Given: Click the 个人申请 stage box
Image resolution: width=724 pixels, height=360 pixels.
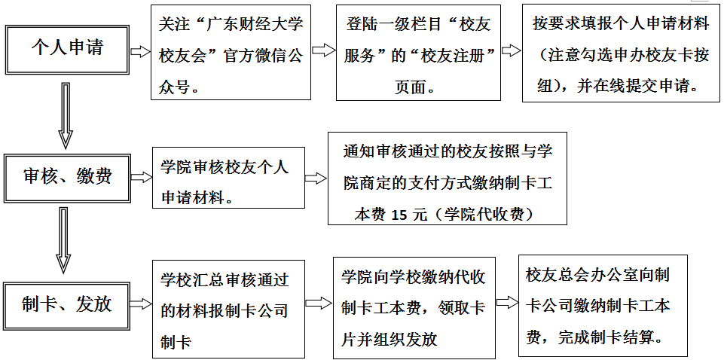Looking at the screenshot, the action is coord(67,50).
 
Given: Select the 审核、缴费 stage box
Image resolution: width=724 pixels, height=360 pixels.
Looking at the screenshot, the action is coord(67,178).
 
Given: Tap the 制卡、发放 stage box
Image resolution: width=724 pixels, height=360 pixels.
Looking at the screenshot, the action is coord(66,304).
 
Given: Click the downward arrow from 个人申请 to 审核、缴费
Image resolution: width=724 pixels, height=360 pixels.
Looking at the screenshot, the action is coord(66,115).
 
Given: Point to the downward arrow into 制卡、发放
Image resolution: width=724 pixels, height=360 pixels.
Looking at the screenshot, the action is coord(64,240).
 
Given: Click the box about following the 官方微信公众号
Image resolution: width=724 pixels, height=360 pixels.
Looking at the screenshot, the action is coord(231,52).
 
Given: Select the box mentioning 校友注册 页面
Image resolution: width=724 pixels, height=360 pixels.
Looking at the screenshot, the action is coord(418,53).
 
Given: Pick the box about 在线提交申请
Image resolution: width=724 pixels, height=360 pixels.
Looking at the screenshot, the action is coord(621,53).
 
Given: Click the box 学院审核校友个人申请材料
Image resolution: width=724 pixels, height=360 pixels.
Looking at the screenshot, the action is coord(228,178).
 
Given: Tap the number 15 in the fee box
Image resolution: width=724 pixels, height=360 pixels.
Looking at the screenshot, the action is coord(402,215).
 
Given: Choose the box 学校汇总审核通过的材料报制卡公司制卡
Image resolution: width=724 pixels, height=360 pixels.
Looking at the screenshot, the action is coord(228,310).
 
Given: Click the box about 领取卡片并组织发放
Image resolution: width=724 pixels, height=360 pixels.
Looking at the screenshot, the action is coord(414,308).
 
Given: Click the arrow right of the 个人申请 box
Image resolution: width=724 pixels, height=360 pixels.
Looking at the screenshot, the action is coord(140,52).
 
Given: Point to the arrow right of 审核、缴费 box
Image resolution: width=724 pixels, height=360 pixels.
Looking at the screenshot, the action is coord(142,177).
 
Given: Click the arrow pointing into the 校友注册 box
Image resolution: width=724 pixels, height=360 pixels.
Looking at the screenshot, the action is coord(324,50).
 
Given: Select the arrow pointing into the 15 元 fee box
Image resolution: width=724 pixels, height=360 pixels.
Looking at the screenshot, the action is coord(316,178).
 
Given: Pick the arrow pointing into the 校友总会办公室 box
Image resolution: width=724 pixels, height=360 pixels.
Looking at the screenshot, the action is coord(508,303).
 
